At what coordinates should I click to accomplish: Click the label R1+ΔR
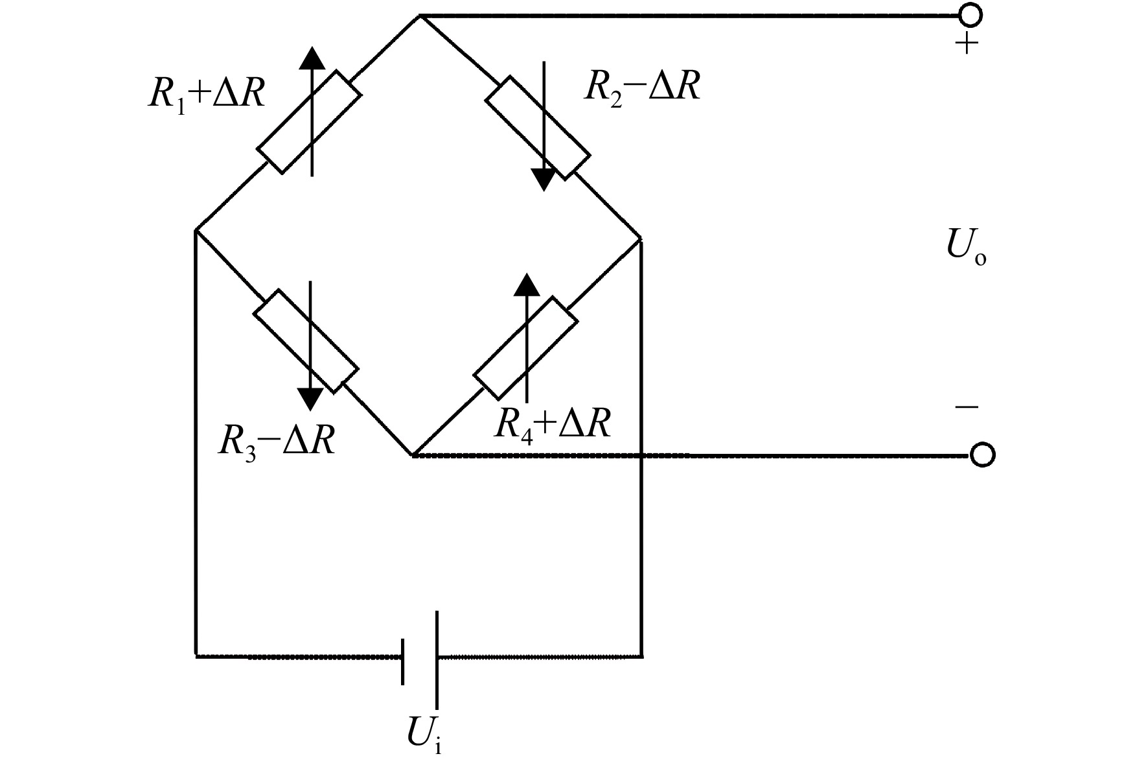[x=207, y=95]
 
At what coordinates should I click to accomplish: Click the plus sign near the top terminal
[x=967, y=45]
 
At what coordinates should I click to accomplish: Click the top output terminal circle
[x=970, y=14]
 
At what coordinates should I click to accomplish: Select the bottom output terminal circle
[x=982, y=455]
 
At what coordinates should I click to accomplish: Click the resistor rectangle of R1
[x=309, y=122]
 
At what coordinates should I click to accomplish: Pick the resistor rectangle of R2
[x=538, y=128]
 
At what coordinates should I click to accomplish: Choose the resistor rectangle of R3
[x=305, y=341]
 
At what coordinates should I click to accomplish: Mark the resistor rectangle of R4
[x=525, y=348]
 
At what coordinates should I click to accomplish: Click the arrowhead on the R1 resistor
[x=312, y=57]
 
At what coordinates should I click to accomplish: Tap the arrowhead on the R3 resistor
[x=310, y=399]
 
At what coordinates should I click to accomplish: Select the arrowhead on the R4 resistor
[x=526, y=285]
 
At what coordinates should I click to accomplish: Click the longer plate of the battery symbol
[x=437, y=660]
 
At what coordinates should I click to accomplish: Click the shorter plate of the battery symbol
[x=403, y=661]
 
